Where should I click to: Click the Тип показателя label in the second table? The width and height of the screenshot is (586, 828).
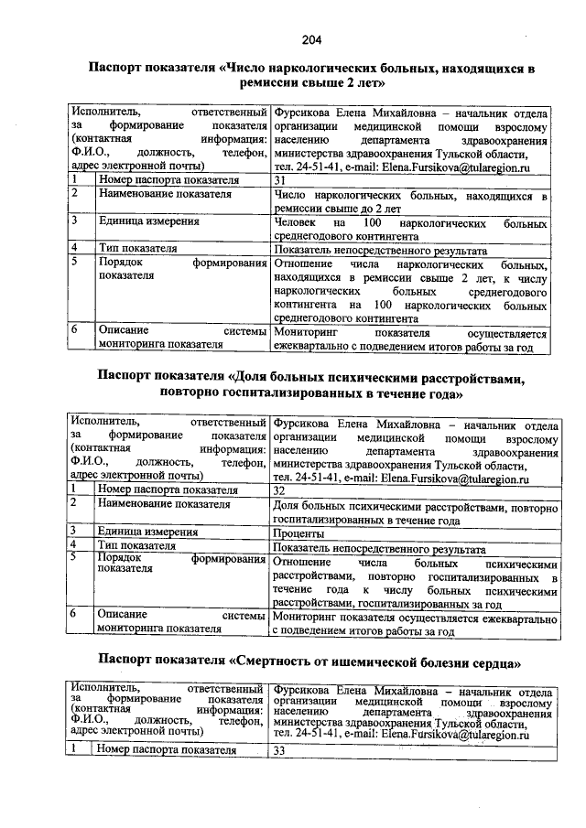136,546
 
